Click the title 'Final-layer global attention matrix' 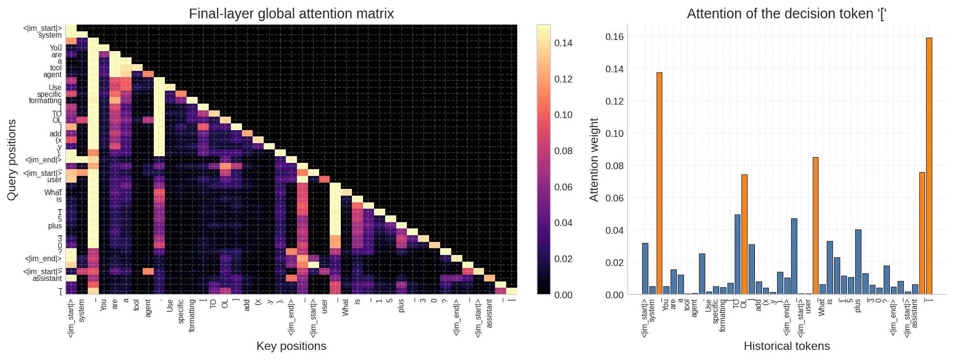(x=291, y=13)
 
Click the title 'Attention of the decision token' (x=786, y=13)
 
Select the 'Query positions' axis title (x=12, y=160)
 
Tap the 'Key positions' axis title (x=291, y=346)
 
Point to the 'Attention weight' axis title (x=593, y=160)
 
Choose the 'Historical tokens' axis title (x=786, y=346)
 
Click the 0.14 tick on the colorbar (x=563, y=43)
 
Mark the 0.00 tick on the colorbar (x=563, y=295)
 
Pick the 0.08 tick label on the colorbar (x=563, y=151)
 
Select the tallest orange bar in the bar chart (x=929, y=166)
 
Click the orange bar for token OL (x=744, y=234)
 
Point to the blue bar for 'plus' (x=858, y=262)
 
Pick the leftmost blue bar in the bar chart (x=645, y=268)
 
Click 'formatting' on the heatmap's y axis (x=45, y=101)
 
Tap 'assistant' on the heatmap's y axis (x=47, y=279)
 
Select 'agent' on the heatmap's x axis (x=148, y=308)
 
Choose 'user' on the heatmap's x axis (x=324, y=307)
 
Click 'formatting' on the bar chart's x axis (x=723, y=315)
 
